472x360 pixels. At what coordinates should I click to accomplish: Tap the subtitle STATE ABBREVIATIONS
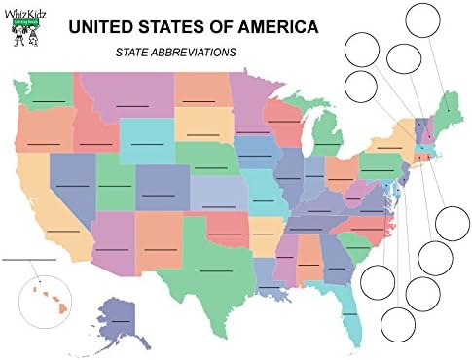[175, 53]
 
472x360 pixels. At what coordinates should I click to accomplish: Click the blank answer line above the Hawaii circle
[29, 260]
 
